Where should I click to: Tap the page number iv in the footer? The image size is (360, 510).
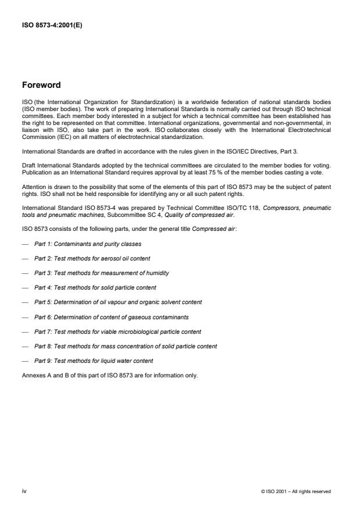point(24,491)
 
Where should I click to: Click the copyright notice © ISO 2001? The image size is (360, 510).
point(296,492)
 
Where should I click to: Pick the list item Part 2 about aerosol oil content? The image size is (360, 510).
point(92,258)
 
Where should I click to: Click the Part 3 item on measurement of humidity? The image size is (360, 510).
point(102,273)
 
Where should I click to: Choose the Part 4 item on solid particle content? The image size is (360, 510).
point(95,287)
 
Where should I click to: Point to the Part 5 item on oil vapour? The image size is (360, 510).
point(118,302)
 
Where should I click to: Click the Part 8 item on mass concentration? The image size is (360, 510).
point(126,346)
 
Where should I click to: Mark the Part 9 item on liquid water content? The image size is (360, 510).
point(94,361)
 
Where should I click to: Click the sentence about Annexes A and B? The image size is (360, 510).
point(109,375)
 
